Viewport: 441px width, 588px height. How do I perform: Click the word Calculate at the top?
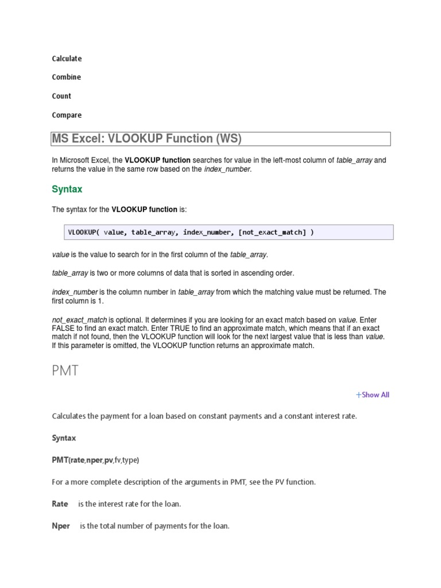(x=67, y=59)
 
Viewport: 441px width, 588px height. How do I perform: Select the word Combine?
(x=66, y=77)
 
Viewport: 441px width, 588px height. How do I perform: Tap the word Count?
(x=61, y=96)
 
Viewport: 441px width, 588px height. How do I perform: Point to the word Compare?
(x=67, y=115)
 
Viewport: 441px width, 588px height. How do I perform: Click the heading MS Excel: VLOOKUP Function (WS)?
(x=147, y=139)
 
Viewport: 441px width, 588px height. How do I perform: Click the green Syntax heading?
(x=67, y=189)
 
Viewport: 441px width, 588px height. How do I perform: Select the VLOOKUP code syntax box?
(x=229, y=233)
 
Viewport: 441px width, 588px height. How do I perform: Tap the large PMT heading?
(x=65, y=370)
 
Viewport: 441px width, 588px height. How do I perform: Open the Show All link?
(x=376, y=394)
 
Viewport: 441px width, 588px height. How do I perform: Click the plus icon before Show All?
(x=359, y=394)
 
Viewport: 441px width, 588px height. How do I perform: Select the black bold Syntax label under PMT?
(x=64, y=438)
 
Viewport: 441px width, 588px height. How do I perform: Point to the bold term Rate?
(x=60, y=504)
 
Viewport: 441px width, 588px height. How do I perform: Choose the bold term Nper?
(x=61, y=525)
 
